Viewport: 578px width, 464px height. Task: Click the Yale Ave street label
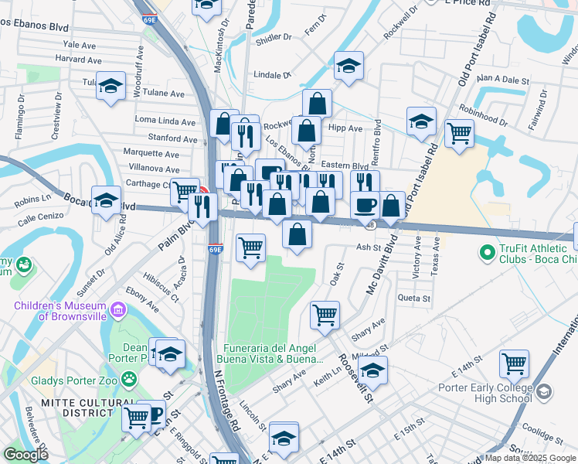click(x=80, y=46)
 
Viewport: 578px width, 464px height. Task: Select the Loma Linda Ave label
click(x=165, y=121)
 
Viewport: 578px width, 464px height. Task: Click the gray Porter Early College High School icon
click(x=545, y=394)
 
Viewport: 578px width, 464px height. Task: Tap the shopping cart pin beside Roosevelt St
click(x=325, y=314)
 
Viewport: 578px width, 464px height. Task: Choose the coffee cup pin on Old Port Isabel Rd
click(x=365, y=205)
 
